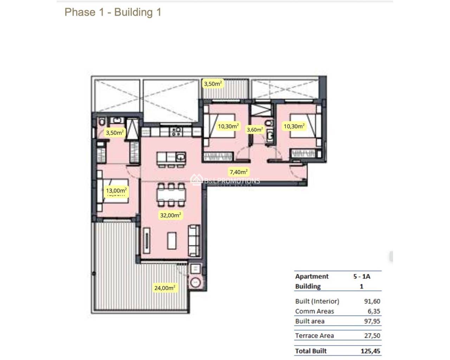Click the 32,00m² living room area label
[x=171, y=215]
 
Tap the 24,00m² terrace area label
[x=165, y=288]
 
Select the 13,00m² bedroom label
[x=116, y=191]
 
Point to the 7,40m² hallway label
[x=238, y=172]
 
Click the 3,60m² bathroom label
[x=255, y=130]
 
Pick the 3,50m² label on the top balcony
[x=213, y=84]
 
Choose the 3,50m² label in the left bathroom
[x=115, y=133]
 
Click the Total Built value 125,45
[x=370, y=351]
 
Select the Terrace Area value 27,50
[x=372, y=336]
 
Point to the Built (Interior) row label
[x=317, y=301]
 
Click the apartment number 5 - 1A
[x=362, y=277]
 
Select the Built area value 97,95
[x=372, y=321]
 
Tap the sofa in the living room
[x=194, y=240]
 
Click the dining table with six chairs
[x=171, y=194]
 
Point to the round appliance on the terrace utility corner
[x=195, y=282]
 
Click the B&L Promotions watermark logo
[x=225, y=181]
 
